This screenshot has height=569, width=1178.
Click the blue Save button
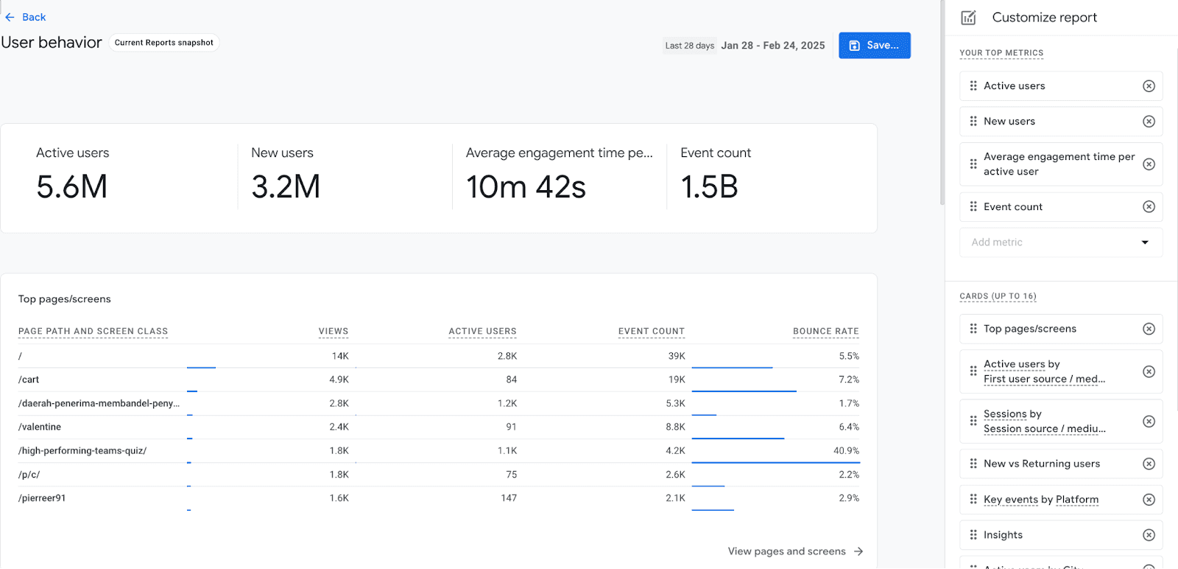pos(874,45)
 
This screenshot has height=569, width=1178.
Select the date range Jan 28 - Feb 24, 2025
pos(772,46)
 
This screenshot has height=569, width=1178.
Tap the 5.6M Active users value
pos(72,186)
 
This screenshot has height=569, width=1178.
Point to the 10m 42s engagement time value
pos(526,187)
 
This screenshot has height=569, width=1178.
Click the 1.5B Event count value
pos(709,187)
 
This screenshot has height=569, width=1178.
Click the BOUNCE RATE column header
pos(825,332)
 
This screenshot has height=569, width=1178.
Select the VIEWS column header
pos(334,332)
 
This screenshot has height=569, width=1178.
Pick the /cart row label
pos(29,380)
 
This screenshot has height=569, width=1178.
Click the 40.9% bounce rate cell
pos(846,450)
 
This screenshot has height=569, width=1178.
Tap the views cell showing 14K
pos(340,356)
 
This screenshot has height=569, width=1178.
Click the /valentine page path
pos(40,427)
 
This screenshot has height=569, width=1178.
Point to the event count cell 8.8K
pos(675,427)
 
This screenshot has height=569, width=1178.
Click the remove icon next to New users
pos(1149,122)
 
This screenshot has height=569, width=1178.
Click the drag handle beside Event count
pos(973,207)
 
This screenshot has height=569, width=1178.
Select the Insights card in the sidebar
pos(1003,535)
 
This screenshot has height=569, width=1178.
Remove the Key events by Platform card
pos(1149,500)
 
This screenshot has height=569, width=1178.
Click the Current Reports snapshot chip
pos(164,43)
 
